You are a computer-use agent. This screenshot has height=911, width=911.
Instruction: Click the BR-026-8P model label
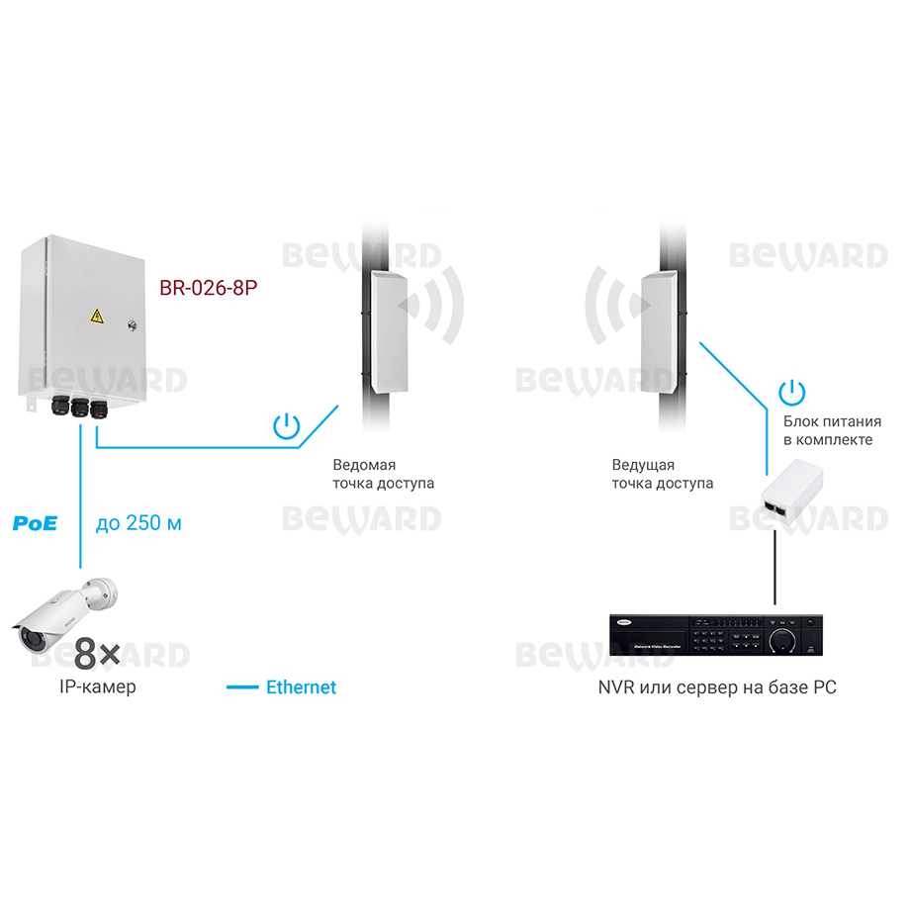click(x=208, y=288)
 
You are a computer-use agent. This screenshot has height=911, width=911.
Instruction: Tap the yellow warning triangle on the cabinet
click(x=97, y=317)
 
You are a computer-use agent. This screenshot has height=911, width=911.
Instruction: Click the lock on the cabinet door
click(x=132, y=326)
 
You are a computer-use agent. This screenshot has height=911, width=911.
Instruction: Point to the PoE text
click(x=35, y=523)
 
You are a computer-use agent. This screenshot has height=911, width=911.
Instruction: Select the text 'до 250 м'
click(x=138, y=523)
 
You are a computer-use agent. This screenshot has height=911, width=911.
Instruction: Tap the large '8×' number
click(x=97, y=653)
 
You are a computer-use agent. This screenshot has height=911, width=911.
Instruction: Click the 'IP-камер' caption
click(x=98, y=686)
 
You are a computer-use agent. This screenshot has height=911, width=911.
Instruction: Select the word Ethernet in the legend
click(x=301, y=687)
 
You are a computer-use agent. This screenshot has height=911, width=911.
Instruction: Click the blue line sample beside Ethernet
click(x=242, y=687)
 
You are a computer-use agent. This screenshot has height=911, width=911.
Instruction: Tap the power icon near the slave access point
click(x=287, y=426)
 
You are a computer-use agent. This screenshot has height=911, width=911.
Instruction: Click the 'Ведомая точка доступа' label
click(x=384, y=474)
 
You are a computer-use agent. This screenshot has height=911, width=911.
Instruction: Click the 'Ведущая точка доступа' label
click(x=663, y=474)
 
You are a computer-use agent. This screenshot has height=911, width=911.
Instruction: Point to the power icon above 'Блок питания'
click(x=792, y=393)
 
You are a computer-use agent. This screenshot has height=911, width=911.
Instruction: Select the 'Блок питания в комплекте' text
click(x=832, y=430)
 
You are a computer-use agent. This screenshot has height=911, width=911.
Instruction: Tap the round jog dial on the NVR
click(x=782, y=640)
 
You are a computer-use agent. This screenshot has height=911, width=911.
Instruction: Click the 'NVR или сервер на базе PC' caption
click(x=717, y=687)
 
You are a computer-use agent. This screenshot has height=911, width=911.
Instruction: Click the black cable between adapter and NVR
click(x=774, y=567)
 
